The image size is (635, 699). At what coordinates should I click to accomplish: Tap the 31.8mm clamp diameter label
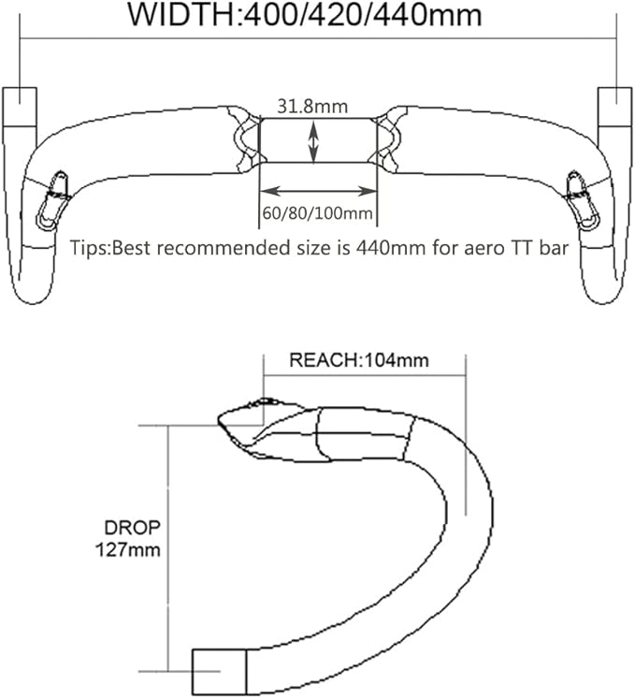(312, 107)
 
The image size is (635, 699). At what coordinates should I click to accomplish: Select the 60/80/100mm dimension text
(317, 213)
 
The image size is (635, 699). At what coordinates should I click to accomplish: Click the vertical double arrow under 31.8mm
(313, 142)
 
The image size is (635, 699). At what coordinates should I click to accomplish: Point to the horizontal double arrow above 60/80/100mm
(318, 191)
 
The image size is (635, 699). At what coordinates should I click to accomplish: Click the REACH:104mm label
(359, 360)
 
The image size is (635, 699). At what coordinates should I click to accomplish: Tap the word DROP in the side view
(133, 528)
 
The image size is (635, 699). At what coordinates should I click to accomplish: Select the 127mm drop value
(128, 549)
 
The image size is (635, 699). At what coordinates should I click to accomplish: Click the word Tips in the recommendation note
(89, 248)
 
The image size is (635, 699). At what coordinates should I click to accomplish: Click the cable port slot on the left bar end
(53, 201)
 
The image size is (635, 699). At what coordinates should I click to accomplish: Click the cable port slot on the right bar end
(583, 201)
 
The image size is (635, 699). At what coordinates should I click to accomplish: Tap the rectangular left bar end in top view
(20, 107)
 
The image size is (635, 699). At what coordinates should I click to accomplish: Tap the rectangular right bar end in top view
(615, 107)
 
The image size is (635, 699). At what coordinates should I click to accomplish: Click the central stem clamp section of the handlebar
(318, 141)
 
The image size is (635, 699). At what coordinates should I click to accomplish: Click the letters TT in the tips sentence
(522, 248)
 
